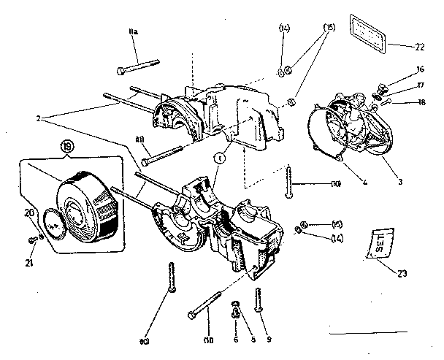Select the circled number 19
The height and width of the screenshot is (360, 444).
click(67, 147)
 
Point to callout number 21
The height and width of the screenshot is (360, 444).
click(28, 242)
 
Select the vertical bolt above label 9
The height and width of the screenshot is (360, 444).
click(259, 299)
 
